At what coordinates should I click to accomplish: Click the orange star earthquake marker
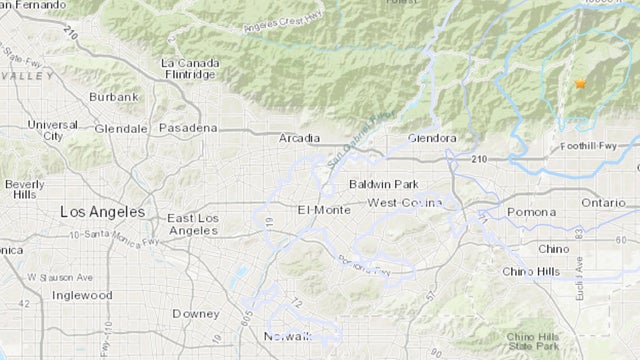point(579,86)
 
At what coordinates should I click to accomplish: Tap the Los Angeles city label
point(101,212)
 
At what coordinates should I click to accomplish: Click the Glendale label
point(121,129)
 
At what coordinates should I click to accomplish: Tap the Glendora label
point(433,138)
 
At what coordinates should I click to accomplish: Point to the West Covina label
point(402,203)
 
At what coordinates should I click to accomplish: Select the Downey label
point(189,313)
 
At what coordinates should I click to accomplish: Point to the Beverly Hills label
point(22,190)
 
